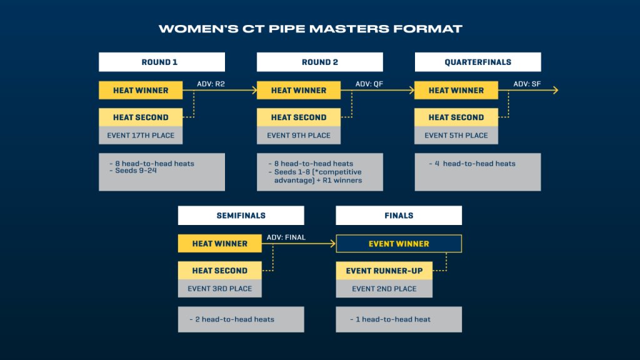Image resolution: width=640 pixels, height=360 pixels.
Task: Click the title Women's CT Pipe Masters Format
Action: (310, 29)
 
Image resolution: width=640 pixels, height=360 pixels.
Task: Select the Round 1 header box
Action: (161, 62)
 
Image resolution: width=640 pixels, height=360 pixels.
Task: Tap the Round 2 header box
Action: (319, 62)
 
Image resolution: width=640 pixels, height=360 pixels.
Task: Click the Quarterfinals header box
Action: (477, 62)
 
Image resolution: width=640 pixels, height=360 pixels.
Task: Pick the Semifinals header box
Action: (241, 216)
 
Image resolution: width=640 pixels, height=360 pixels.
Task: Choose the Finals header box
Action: (399, 216)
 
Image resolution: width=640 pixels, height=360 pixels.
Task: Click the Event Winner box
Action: (399, 244)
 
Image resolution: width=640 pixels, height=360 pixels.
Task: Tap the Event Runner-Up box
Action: (384, 271)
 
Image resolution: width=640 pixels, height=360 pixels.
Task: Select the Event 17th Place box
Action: (141, 135)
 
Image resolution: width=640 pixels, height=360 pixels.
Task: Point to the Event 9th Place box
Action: (299, 135)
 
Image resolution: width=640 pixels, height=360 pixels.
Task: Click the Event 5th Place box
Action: (456, 135)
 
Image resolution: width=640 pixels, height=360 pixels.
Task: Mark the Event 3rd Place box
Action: (219, 289)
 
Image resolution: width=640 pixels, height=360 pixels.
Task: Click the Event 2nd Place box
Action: (384, 289)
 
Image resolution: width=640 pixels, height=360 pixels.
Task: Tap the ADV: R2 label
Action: (209, 84)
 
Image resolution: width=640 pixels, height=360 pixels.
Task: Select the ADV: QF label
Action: (369, 84)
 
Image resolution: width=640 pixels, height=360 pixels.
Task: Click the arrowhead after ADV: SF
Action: (554, 91)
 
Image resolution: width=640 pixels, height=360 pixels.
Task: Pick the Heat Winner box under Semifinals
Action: (219, 244)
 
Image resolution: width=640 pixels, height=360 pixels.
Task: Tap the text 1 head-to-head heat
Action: (393, 319)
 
